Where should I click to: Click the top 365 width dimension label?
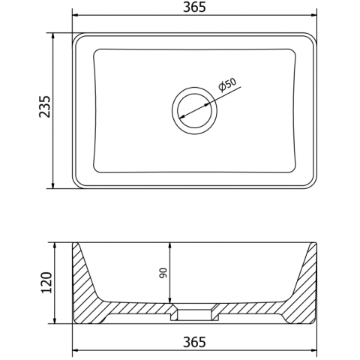pos(194,7)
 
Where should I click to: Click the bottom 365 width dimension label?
pos(194,342)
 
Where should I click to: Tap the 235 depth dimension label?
pos(45,106)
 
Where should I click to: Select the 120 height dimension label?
pos(46,283)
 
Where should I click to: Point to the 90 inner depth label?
pos(163,273)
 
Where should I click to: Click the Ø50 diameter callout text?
pos(227,85)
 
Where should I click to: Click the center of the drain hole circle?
pos(194,110)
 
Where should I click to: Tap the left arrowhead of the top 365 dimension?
pos(76,15)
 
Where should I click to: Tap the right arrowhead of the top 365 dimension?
pos(313,15)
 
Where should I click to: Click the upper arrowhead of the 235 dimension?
pos(52,36)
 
